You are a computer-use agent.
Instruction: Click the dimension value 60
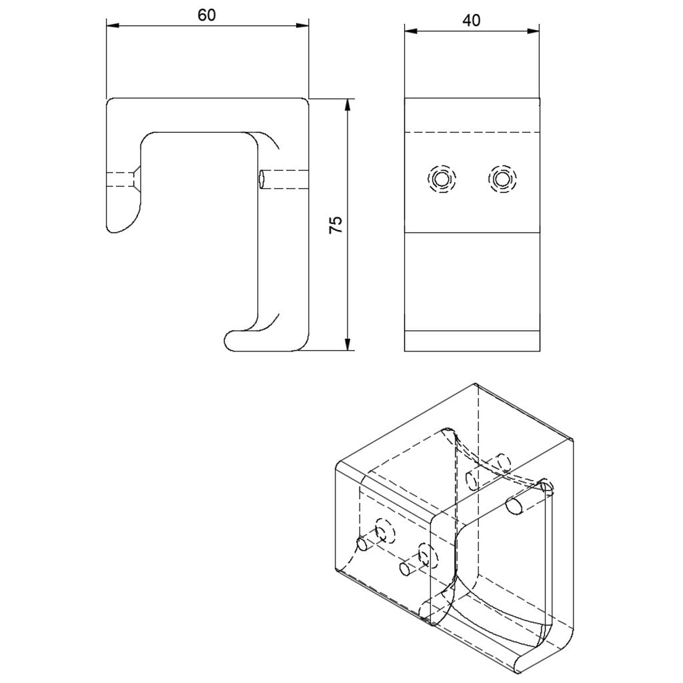(x=207, y=15)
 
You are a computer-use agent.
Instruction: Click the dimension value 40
(x=472, y=20)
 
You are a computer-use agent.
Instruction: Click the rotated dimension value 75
(x=336, y=225)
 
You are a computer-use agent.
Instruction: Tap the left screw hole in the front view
(x=442, y=179)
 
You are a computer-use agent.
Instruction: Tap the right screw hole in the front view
(x=502, y=179)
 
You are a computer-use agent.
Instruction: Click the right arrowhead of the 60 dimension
(x=303, y=26)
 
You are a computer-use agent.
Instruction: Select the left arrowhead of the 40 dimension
(x=411, y=31)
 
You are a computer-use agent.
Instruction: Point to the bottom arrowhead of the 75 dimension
(x=347, y=344)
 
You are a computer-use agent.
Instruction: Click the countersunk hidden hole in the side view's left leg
(x=123, y=179)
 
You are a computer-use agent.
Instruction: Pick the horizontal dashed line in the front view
(x=472, y=132)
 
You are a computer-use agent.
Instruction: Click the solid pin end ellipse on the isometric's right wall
(x=514, y=507)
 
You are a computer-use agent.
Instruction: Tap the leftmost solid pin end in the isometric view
(x=362, y=544)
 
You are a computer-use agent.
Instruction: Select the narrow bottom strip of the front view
(x=472, y=341)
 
